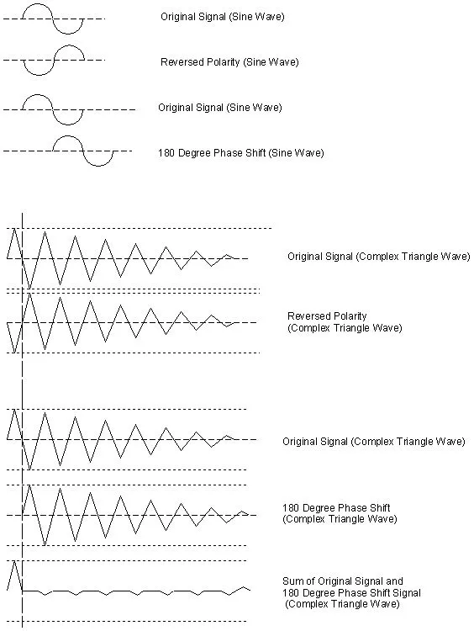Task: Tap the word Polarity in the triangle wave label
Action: coord(350,316)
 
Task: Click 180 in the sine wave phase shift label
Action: coord(166,153)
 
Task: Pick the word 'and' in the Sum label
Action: coord(394,581)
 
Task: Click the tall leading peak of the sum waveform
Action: coord(14,561)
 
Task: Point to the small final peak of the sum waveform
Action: coord(243,587)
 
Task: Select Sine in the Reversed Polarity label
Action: coord(254,62)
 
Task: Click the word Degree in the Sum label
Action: coord(316,593)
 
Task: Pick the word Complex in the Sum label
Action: coord(306,604)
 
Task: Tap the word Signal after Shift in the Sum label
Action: coord(406,593)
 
